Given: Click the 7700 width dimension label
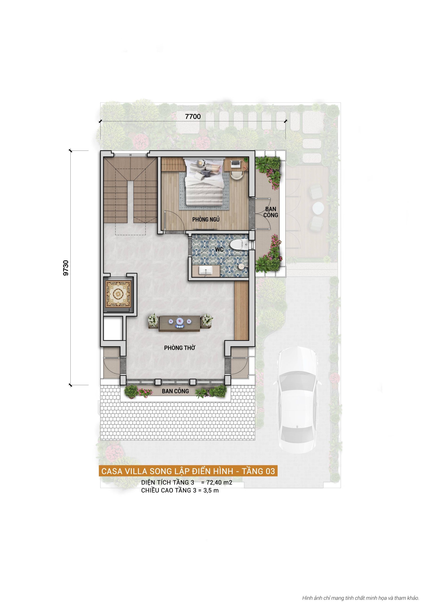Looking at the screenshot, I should pos(193,116).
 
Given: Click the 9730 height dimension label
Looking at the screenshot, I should pos(66,268).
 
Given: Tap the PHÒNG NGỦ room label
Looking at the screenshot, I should pos(206,219).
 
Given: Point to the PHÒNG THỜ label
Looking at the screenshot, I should pos(180,348).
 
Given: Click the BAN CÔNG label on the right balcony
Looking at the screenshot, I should pos(271,212).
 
